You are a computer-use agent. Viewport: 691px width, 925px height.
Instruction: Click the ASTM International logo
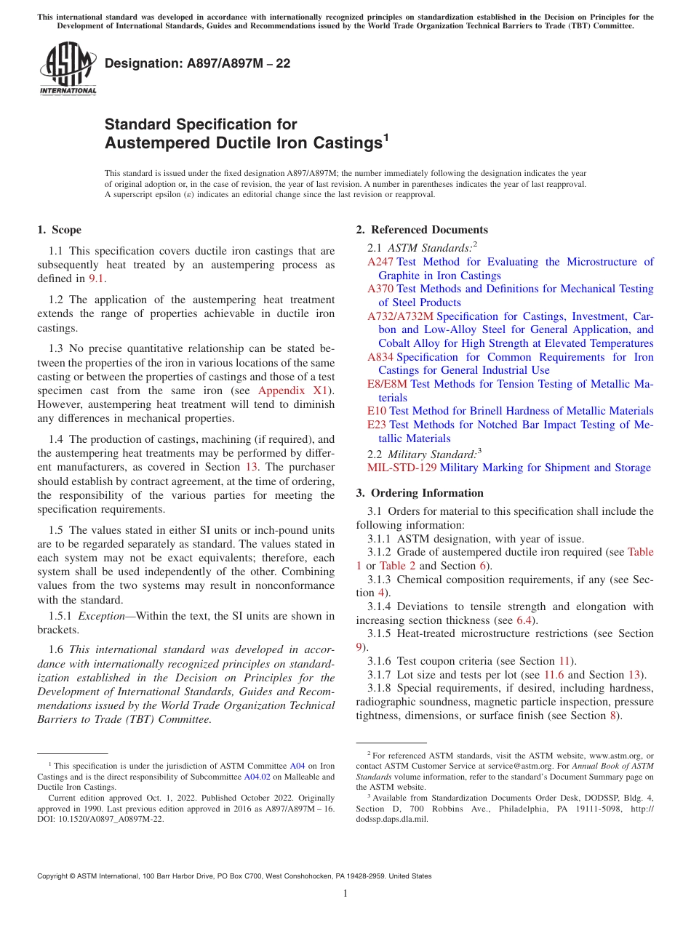point(67,69)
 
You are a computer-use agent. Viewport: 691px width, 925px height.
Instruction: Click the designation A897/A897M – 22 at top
point(197,63)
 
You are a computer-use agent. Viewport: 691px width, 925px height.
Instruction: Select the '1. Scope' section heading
point(59,230)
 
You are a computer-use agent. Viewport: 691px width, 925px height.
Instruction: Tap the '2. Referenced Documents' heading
point(422,230)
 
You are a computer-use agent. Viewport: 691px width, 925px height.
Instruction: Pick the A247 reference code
point(380,262)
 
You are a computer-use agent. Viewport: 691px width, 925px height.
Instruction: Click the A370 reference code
point(380,289)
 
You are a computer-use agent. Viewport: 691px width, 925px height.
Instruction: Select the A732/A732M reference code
point(400,316)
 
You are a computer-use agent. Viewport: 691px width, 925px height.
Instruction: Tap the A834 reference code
point(380,357)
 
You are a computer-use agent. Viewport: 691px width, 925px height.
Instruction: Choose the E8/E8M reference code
point(388,384)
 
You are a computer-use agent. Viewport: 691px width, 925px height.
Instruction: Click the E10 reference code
point(377,411)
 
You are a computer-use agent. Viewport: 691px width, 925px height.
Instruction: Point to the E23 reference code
point(377,425)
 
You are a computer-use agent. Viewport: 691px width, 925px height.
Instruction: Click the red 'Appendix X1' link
point(290,391)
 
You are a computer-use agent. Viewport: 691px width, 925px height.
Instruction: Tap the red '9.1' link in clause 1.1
point(96,279)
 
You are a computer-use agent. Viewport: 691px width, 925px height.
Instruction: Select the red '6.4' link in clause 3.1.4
point(524,620)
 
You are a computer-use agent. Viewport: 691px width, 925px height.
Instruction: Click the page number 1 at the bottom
point(345,893)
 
